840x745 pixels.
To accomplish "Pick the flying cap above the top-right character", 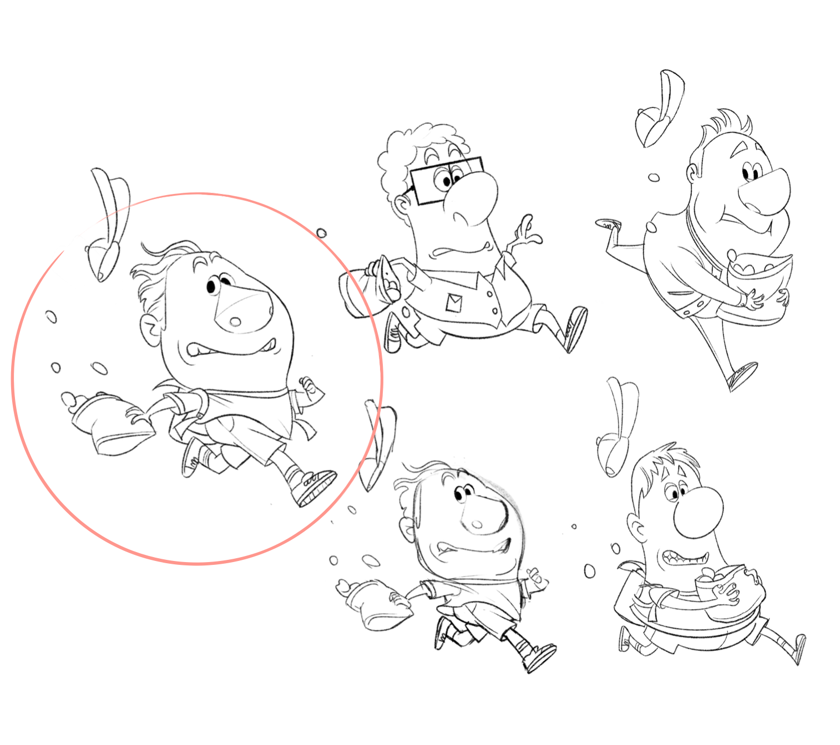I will (660, 108).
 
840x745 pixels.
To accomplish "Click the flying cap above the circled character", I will (108, 222).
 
